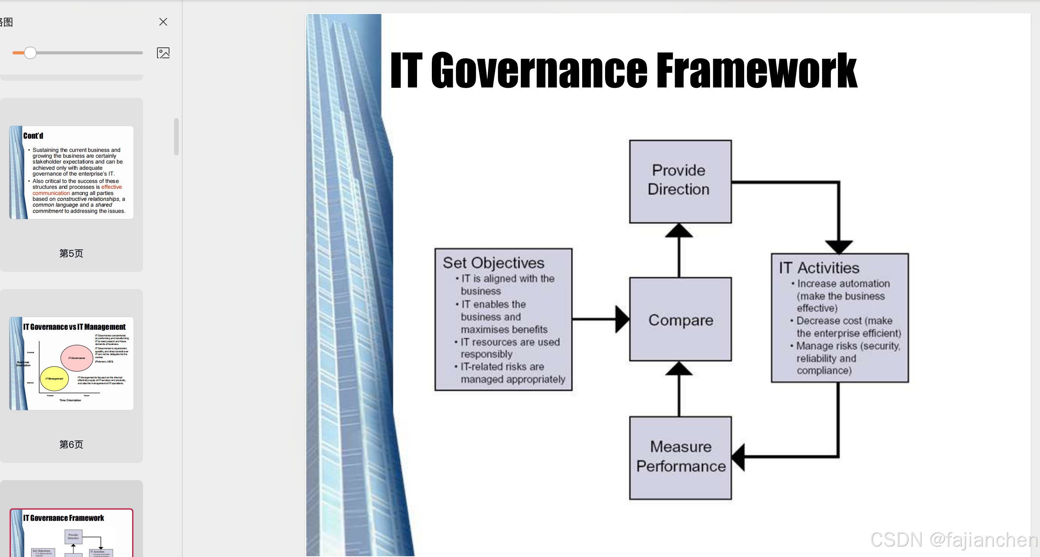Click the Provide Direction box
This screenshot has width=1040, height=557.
click(x=680, y=181)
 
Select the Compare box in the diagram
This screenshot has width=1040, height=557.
click(x=680, y=319)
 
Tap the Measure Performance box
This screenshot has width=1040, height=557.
click(x=680, y=457)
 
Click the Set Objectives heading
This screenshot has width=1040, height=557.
click(x=493, y=263)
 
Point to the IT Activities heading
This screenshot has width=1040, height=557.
click(x=819, y=268)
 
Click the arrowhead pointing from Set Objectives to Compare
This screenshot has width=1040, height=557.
click(x=622, y=319)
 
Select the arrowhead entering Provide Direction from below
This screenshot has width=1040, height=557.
click(x=679, y=231)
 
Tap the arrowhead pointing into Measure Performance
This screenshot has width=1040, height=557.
click(x=738, y=457)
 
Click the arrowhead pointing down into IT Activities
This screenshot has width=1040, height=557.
click(x=839, y=246)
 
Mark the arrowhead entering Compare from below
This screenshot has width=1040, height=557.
click(x=679, y=369)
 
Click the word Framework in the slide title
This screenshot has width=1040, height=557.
click(x=756, y=71)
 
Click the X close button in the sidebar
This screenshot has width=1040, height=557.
click(x=163, y=22)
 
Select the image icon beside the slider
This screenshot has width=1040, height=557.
click(x=163, y=53)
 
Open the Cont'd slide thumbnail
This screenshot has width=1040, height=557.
click(x=72, y=172)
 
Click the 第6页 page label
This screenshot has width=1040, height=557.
click(x=71, y=444)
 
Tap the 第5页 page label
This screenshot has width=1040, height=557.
click(x=71, y=254)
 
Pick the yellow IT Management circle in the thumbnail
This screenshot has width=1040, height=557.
click(x=54, y=379)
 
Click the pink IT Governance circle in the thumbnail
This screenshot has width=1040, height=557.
click(x=77, y=358)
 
